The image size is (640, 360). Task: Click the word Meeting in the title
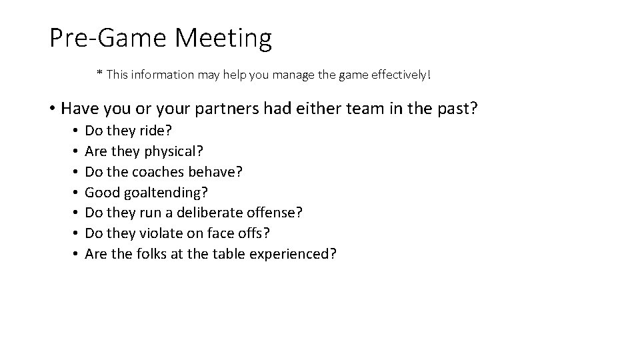(223, 38)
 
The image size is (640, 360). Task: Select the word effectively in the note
(399, 75)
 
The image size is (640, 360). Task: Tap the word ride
(158, 131)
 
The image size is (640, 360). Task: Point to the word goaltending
(166, 193)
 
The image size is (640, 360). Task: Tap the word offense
(279, 213)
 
